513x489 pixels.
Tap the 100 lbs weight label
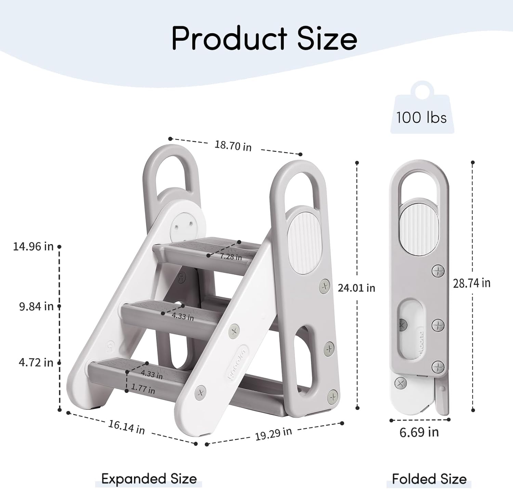coord(421,118)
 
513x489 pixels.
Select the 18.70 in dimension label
coord(233,146)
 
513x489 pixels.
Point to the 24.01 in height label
coord(356,288)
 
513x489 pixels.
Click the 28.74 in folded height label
coord(472,283)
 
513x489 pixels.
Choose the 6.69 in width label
coord(419,432)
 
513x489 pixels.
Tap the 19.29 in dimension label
coord(273,434)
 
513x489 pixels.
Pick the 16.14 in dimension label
coord(127,427)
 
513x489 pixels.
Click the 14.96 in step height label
coord(33,246)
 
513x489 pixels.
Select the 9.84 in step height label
coord(36,306)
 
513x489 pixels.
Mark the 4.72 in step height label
coord(36,362)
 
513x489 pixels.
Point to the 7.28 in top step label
coord(231,256)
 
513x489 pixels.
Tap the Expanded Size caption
coord(149,479)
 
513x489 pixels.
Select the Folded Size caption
coord(429,479)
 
